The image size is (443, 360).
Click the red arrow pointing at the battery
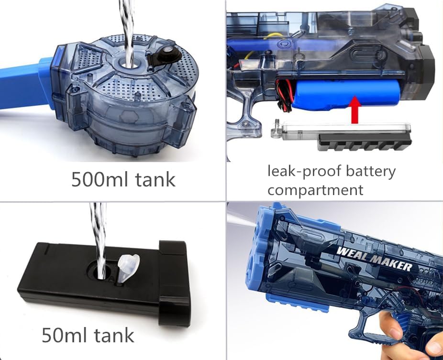click(x=355, y=110)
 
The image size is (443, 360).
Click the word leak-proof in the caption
click(x=304, y=171)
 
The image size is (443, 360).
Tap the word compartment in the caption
click(x=315, y=190)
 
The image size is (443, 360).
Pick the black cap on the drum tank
click(x=164, y=55)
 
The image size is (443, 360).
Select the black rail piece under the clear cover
click(x=364, y=142)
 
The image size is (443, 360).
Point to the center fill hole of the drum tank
click(x=129, y=65)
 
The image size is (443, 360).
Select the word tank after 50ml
click(x=114, y=335)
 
